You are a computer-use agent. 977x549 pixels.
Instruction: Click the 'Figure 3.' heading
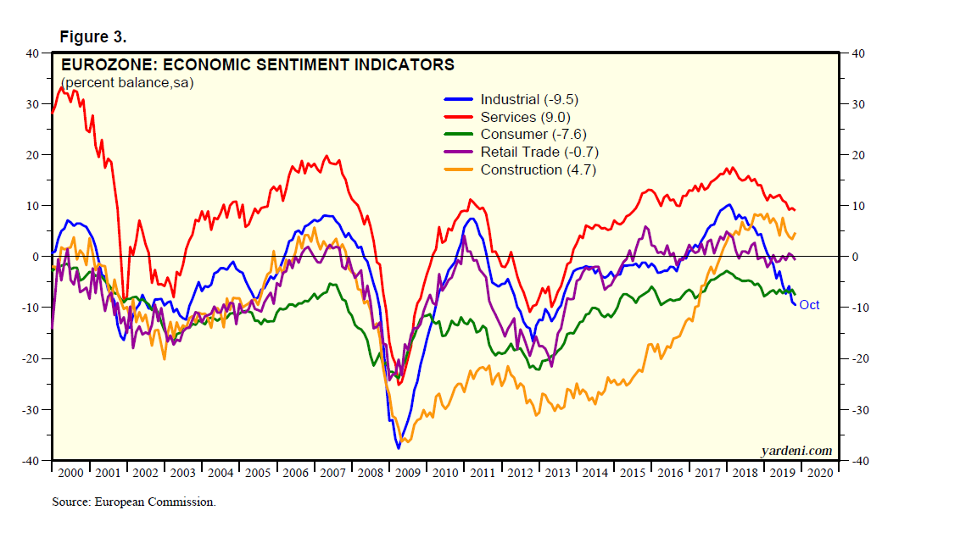(92, 36)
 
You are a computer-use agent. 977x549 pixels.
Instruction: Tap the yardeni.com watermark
(796, 451)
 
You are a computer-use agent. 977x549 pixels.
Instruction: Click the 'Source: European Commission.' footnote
(134, 502)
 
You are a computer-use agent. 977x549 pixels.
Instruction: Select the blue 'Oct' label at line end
(809, 305)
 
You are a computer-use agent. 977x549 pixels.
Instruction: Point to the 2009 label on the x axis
(408, 473)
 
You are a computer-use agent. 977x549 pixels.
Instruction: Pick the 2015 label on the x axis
(632, 473)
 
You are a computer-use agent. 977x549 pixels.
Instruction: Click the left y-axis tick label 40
(33, 53)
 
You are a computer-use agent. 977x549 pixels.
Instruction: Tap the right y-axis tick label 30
(852, 104)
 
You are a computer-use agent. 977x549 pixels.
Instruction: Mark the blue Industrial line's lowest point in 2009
(398, 447)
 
